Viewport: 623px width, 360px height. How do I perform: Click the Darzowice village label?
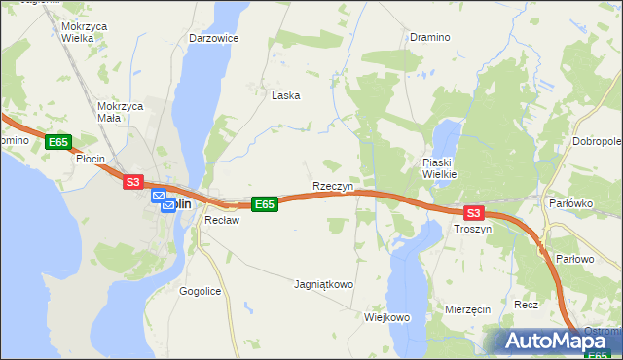pyautogui.click(x=214, y=38)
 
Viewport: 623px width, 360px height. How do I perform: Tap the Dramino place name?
pyautogui.click(x=429, y=37)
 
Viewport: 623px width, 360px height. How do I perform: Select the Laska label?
pyautogui.click(x=285, y=95)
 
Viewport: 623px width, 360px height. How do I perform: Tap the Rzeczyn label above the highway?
pyautogui.click(x=332, y=185)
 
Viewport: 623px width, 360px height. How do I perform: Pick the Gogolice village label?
pyautogui.click(x=202, y=291)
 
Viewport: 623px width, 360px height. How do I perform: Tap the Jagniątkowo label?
pyautogui.click(x=323, y=285)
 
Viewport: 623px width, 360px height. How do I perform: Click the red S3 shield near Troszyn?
pyautogui.click(x=473, y=212)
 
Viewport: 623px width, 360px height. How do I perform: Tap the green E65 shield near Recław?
pyautogui.click(x=265, y=203)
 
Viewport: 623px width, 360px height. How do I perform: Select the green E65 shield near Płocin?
pyautogui.click(x=58, y=142)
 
